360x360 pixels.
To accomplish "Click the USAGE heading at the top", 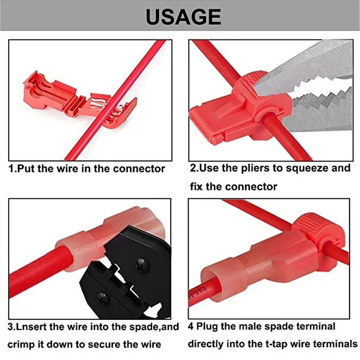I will coord(183,17).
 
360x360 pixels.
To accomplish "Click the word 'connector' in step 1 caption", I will coord(139,169).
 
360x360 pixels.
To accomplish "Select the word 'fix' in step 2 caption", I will coord(195,186).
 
